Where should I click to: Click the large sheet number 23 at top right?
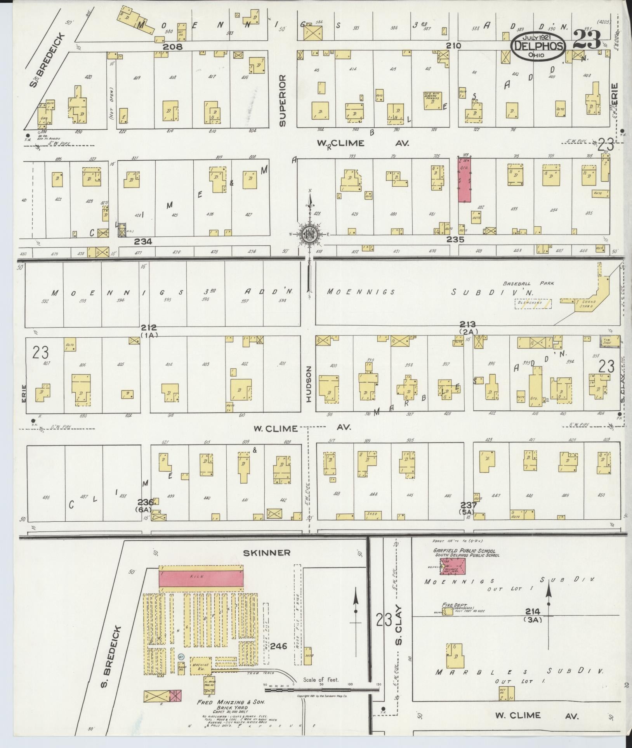(586, 40)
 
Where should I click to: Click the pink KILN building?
(201, 577)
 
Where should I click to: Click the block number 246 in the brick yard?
(278, 646)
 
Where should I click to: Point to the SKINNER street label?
(267, 553)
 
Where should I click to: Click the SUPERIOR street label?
(282, 101)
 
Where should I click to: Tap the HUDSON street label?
(309, 384)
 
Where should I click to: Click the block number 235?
(455, 239)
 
